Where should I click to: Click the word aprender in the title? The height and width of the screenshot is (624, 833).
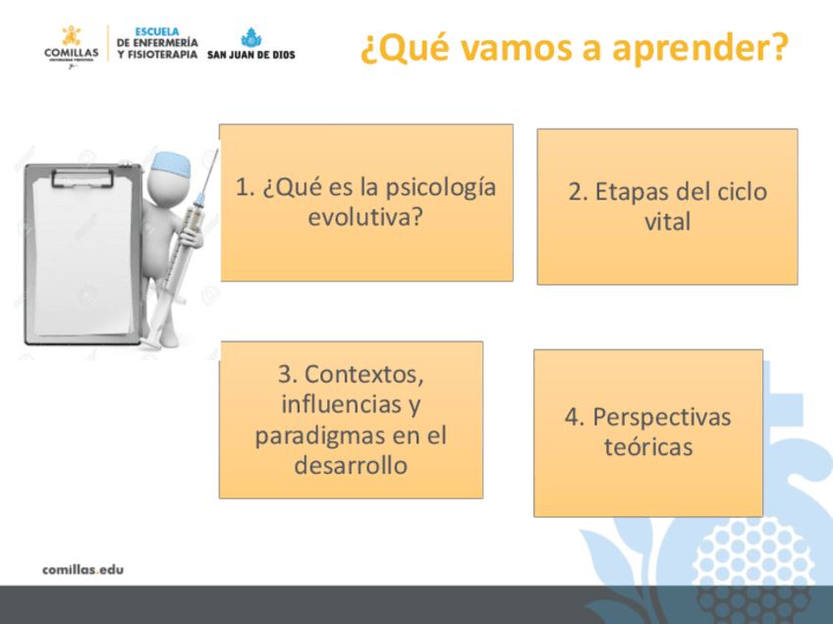pos(699,48)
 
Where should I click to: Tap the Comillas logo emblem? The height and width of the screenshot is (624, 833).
pos(71,35)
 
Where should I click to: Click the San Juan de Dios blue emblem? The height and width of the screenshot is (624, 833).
pos(250,37)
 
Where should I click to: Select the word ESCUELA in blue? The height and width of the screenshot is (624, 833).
pos(157,31)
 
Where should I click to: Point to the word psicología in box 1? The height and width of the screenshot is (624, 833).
pos(440,187)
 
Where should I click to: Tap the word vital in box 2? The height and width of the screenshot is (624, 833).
pos(667,222)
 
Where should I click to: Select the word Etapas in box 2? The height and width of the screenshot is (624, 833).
pos(630,191)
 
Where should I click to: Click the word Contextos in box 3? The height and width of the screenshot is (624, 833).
pos(363,375)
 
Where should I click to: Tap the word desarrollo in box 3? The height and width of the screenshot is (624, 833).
pos(351,465)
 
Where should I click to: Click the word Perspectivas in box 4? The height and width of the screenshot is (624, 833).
pos(661,418)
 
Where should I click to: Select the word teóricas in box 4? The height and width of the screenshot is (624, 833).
pos(648,446)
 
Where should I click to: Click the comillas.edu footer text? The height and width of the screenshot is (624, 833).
pos(83,570)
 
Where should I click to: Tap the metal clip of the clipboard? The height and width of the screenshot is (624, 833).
pos(83,179)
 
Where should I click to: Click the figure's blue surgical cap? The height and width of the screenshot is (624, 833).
pos(171,165)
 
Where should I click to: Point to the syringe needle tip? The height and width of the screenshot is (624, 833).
pos(217,150)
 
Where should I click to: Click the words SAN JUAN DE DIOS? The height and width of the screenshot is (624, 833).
pos(250,55)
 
